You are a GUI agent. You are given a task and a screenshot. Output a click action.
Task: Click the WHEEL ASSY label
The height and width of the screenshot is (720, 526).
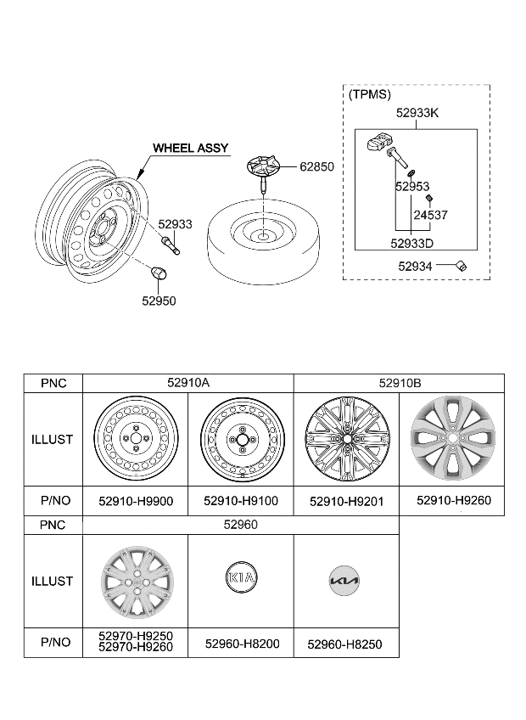click(x=190, y=149)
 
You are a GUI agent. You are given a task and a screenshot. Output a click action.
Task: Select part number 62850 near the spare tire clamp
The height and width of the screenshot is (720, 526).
click(x=316, y=167)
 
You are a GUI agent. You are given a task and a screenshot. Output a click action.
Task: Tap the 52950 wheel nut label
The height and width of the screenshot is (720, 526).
click(x=159, y=301)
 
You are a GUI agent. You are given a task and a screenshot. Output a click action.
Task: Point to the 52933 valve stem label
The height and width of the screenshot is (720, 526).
click(x=176, y=224)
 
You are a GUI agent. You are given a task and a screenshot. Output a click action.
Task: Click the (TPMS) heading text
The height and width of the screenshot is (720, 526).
click(x=370, y=95)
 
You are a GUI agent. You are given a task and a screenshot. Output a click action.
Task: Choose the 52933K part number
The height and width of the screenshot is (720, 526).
click(x=417, y=113)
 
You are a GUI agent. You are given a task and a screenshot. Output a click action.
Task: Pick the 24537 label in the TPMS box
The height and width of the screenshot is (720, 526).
click(x=431, y=215)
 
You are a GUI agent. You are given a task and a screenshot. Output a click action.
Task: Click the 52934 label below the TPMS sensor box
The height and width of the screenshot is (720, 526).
click(x=417, y=266)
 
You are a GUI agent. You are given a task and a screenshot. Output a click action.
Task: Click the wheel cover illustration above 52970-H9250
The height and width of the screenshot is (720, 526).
click(x=135, y=581)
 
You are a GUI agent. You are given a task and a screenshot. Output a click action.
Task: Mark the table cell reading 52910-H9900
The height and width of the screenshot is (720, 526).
click(x=136, y=502)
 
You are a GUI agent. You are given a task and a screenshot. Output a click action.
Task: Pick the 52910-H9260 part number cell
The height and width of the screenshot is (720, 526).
click(x=453, y=501)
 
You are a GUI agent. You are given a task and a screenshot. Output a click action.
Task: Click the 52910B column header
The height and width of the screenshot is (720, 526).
click(x=399, y=384)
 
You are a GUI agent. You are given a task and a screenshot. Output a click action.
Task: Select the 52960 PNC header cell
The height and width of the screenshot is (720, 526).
click(x=240, y=526)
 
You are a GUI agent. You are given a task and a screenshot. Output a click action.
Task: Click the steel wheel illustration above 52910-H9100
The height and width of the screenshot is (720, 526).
click(x=240, y=440)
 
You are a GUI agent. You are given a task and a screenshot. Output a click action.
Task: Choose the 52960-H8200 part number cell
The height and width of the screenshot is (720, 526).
click(x=240, y=644)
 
